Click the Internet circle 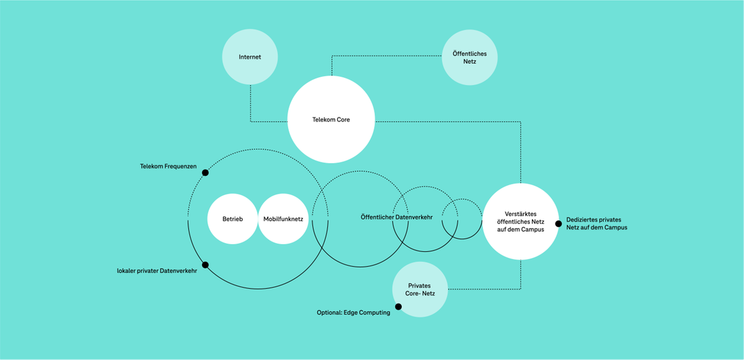[x=250, y=57]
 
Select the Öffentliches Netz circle [x=469, y=58]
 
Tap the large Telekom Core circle [x=331, y=120]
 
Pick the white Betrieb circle [x=232, y=219]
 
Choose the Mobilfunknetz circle [x=283, y=219]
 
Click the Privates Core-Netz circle [x=419, y=289]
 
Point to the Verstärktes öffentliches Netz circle [x=520, y=222]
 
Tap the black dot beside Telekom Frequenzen [x=205, y=172]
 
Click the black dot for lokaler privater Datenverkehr [x=205, y=265]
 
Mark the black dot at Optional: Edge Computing [x=398, y=306]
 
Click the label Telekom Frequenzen [x=169, y=167]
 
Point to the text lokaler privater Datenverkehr [x=157, y=271]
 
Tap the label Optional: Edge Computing [x=353, y=313]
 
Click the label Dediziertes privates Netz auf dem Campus [x=597, y=224]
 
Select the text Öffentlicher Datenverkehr [x=397, y=217]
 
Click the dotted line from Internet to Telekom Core [x=250, y=105]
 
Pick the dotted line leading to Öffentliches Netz [x=384, y=56]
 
